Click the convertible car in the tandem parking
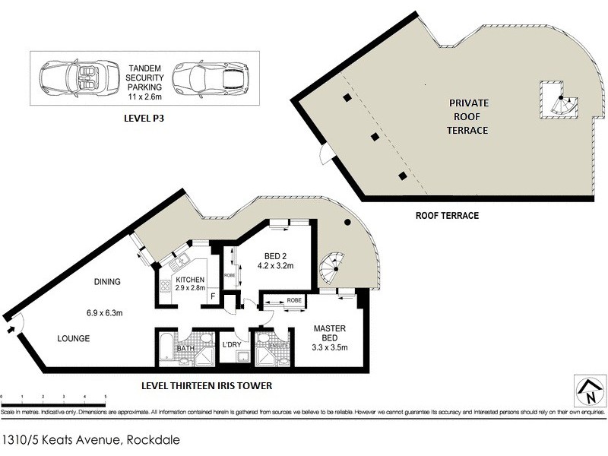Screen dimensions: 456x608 pyautogui.click(x=75, y=81)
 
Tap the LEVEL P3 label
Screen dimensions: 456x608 pyautogui.click(x=144, y=119)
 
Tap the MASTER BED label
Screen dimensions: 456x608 pyautogui.click(x=331, y=334)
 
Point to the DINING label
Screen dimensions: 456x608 pyautogui.click(x=108, y=282)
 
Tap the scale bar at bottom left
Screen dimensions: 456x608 pyautogui.click(x=53, y=396)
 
